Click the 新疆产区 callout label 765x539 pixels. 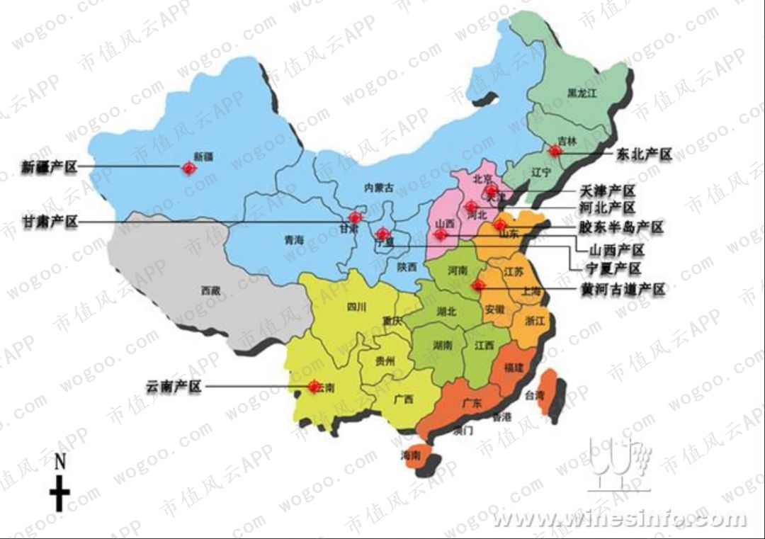click(x=47, y=168)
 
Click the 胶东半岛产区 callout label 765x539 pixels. click(x=621, y=227)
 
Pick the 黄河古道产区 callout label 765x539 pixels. click(x=622, y=290)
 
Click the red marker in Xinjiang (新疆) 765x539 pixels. click(x=189, y=168)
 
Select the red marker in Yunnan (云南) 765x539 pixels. click(x=312, y=387)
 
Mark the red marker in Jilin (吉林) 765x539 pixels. click(x=555, y=150)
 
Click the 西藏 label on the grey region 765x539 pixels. click(x=210, y=290)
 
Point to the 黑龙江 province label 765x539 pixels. click(x=583, y=93)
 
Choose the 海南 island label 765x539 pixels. click(x=410, y=455)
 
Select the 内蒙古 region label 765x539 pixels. click(x=378, y=188)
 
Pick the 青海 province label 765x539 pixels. click(x=293, y=241)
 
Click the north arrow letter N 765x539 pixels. click(x=60, y=463)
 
